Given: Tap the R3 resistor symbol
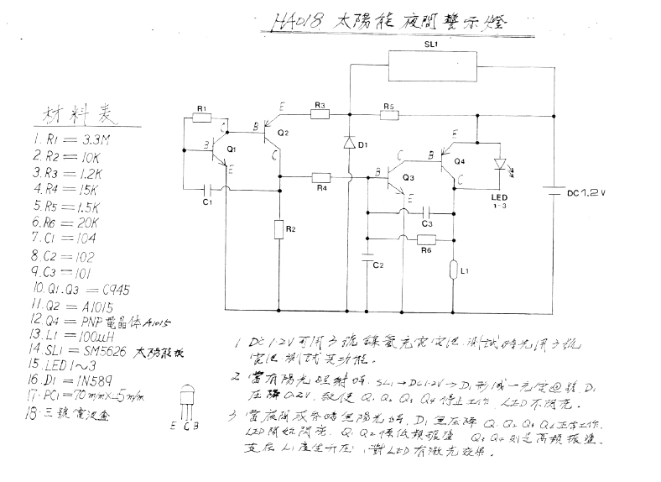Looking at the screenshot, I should point(320,115).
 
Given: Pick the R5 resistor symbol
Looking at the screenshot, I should point(387,115).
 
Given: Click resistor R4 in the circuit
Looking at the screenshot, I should point(321,177).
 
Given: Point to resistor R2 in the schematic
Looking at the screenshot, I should point(278,228).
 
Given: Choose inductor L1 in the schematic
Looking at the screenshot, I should point(452,270).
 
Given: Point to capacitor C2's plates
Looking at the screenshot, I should point(367,256).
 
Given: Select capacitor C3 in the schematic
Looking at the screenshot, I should point(426,212).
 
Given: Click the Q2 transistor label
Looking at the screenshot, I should point(282,133).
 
